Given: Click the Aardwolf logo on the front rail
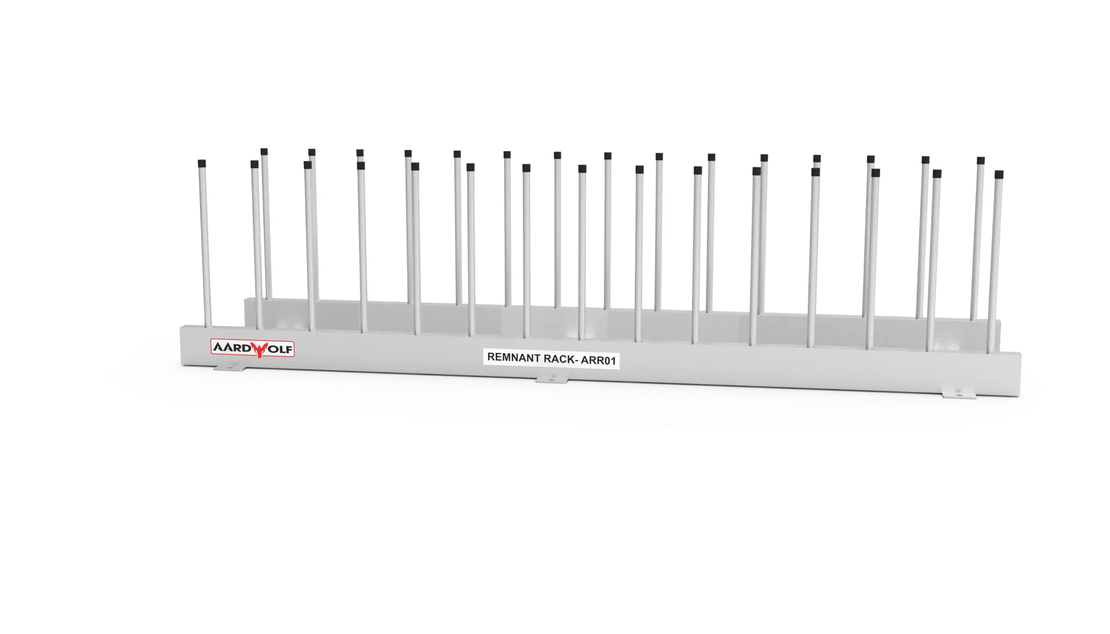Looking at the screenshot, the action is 252,348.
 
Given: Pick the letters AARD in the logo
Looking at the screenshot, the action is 232,347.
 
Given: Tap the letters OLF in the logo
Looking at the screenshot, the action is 280,350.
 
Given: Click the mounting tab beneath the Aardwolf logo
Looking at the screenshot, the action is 229,367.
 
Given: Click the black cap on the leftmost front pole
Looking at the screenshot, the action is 202,163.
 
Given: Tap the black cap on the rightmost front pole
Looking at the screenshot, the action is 999,174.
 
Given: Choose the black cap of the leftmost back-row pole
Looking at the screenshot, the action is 264,152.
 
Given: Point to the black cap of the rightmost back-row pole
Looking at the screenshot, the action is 981,161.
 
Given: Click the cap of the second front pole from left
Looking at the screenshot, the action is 254,164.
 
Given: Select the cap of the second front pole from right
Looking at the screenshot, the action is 937,174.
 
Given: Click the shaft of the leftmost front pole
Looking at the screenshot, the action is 205,247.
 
